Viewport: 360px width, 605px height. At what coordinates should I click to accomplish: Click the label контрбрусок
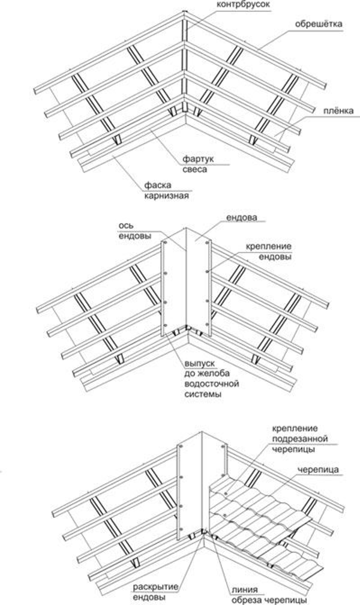[243, 4]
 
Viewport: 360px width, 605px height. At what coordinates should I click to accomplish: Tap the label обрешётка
[319, 24]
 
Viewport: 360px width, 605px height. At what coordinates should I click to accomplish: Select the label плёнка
[338, 111]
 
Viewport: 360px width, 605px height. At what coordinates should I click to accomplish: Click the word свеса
[195, 169]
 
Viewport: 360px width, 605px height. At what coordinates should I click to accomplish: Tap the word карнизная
[167, 196]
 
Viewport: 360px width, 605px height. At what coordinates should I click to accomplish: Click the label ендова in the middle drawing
[242, 217]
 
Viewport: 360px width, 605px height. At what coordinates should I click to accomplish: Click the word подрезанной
[300, 439]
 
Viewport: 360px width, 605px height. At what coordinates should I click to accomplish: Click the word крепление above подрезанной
[295, 429]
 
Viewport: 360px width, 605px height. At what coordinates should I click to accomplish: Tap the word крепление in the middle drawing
[268, 246]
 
